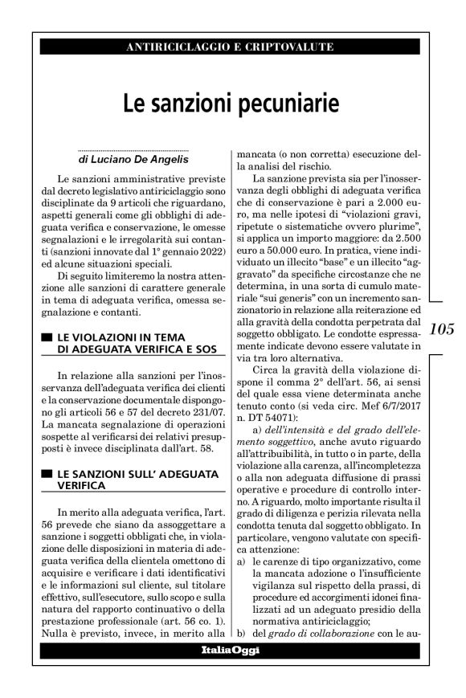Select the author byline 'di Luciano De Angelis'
[133, 159]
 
